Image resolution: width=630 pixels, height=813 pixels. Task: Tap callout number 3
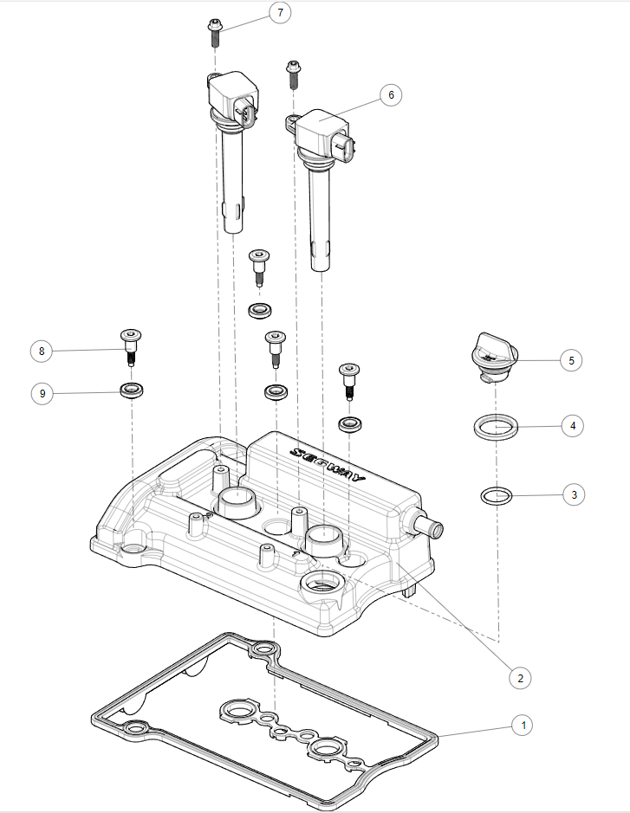pyautogui.click(x=573, y=494)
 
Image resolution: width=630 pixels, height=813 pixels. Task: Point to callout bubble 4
pyautogui.click(x=573, y=425)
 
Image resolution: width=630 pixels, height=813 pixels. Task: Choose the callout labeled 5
pyautogui.click(x=572, y=358)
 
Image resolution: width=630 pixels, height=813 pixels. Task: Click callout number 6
pyautogui.click(x=391, y=94)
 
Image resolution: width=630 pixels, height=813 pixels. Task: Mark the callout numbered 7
pyautogui.click(x=280, y=13)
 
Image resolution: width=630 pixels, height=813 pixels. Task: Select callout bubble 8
pyautogui.click(x=41, y=351)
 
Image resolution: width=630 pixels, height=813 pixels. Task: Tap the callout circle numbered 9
pyautogui.click(x=41, y=393)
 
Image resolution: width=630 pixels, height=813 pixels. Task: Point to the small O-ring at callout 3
pyautogui.click(x=496, y=496)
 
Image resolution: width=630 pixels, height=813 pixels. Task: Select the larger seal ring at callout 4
pyautogui.click(x=496, y=426)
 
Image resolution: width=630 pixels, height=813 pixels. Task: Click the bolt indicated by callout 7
pyautogui.click(x=215, y=33)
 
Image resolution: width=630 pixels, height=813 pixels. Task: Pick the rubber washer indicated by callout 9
pyautogui.click(x=131, y=390)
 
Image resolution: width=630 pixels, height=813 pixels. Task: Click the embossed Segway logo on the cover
pyautogui.click(x=329, y=465)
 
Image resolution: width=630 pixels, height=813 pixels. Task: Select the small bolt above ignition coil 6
pyautogui.click(x=294, y=74)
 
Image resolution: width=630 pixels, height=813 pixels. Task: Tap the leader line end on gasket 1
pyautogui.click(x=439, y=735)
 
